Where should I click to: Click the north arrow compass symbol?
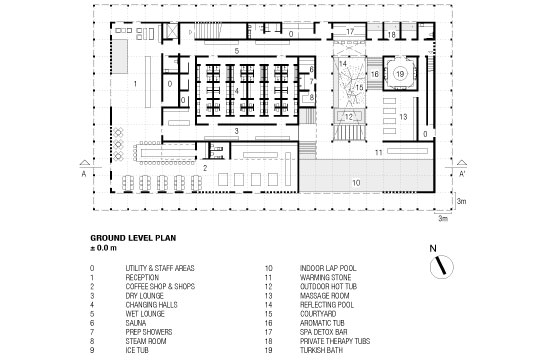(442, 266)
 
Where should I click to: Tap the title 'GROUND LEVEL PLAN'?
(133, 238)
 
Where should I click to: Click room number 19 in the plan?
(399, 74)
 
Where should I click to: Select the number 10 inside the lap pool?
(356, 183)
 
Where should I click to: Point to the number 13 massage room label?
(403, 117)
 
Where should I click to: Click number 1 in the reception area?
(135, 84)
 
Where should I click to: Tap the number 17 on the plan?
(350, 32)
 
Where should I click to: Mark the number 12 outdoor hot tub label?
(349, 117)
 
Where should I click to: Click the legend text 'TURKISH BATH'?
(321, 350)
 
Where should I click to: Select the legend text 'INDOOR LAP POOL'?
(328, 268)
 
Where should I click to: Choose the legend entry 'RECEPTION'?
(142, 278)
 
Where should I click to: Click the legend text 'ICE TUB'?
(137, 350)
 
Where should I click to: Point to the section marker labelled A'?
(462, 174)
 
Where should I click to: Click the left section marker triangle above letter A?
(85, 163)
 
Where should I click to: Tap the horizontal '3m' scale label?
(443, 219)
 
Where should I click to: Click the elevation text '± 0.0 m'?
(103, 248)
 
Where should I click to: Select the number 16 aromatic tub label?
(375, 74)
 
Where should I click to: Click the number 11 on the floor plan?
(378, 152)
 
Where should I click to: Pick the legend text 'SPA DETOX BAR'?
(323, 332)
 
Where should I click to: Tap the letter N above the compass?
(433, 248)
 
